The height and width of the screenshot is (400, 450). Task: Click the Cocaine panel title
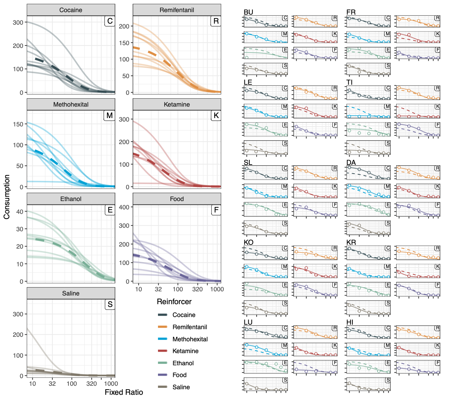point(71,10)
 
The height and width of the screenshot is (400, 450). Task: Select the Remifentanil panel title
point(177,10)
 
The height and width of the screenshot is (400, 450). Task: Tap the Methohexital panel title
point(71,105)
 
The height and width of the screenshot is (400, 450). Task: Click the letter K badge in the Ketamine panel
point(216,116)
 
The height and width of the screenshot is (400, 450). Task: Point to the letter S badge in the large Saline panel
point(110,305)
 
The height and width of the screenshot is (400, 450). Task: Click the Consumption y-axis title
point(7,197)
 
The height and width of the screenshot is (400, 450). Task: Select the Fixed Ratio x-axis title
point(124,392)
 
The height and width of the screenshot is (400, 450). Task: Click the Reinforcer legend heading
point(174,301)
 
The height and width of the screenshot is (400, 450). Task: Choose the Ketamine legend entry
point(185,351)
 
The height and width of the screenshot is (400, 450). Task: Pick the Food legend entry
point(180,375)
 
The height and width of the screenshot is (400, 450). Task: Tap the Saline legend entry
point(181,387)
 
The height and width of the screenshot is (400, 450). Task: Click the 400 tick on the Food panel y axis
point(124,207)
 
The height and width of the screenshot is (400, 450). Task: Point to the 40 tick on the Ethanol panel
point(20,211)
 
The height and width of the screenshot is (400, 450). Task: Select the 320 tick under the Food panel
point(198,289)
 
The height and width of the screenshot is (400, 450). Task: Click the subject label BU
point(248,12)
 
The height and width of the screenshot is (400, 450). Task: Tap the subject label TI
point(349,82)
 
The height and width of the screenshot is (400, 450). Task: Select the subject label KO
point(249,242)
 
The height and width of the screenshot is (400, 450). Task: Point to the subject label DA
point(351,162)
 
